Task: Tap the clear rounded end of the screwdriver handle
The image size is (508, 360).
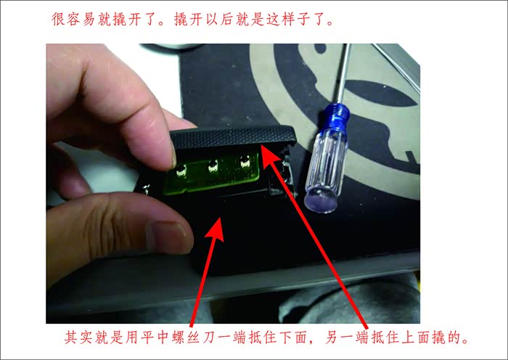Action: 321,200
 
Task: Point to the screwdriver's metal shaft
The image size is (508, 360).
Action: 343,73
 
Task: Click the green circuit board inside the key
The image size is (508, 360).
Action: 211,173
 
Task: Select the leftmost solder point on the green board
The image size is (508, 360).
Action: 181,171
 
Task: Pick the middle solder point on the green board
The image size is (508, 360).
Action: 213,166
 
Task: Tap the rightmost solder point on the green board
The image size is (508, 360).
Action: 245,160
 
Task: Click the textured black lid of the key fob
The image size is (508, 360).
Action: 233,136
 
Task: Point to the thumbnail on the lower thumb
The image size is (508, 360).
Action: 168,237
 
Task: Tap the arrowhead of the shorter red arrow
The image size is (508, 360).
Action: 215,229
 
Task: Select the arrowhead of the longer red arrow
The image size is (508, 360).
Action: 270,155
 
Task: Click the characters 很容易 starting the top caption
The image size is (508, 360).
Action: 73,20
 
